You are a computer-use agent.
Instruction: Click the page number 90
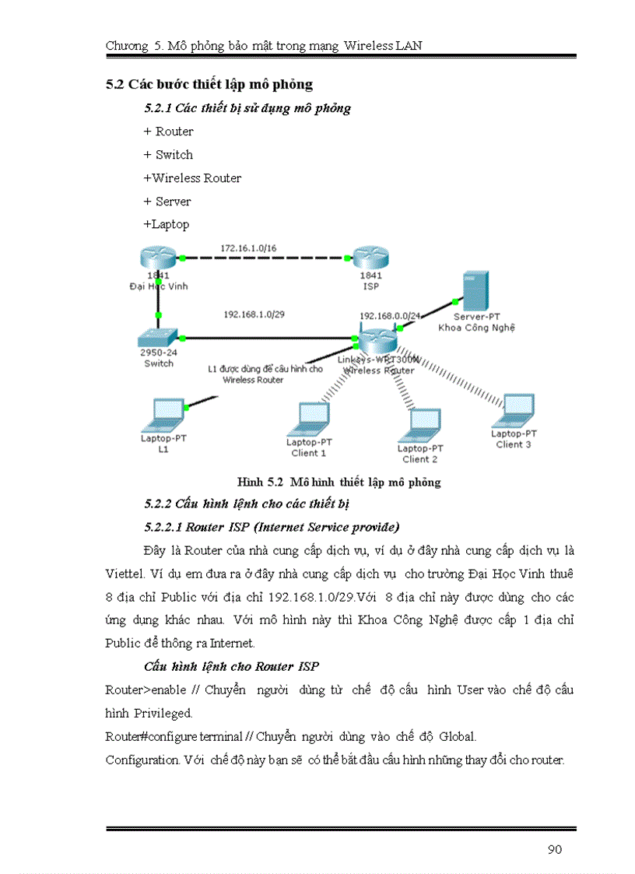554,849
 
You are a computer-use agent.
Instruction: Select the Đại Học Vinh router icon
158,258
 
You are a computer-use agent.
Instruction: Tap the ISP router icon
370,258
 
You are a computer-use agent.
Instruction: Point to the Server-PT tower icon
474,293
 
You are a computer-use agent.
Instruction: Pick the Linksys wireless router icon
377,340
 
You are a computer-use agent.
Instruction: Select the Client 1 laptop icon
310,419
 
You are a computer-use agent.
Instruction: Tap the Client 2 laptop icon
420,424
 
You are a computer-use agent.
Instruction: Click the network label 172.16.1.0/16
247,247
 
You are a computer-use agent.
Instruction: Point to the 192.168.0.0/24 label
390,316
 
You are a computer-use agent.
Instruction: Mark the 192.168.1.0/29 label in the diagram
252,315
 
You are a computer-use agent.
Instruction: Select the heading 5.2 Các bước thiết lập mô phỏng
209,84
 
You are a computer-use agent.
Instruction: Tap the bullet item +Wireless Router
192,178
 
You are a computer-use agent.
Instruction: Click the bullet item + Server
167,202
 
